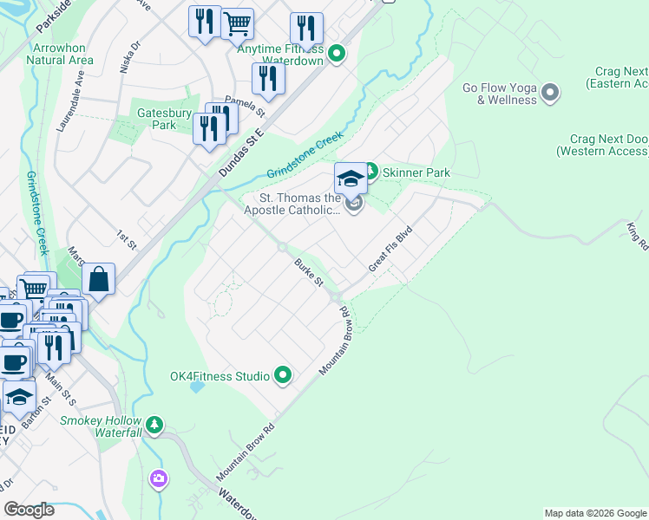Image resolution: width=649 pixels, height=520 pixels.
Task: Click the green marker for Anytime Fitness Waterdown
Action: (x=338, y=54)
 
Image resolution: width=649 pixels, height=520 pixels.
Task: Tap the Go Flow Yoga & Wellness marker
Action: (x=549, y=92)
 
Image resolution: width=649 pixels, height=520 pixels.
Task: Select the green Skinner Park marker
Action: (x=369, y=172)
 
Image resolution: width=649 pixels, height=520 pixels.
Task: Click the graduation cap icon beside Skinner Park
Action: (x=351, y=179)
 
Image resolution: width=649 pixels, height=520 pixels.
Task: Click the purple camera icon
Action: (x=158, y=478)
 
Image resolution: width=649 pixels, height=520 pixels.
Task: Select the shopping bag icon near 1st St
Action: (x=99, y=280)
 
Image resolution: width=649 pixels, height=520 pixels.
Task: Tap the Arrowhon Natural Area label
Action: (x=59, y=54)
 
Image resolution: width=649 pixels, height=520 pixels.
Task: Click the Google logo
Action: (x=29, y=510)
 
